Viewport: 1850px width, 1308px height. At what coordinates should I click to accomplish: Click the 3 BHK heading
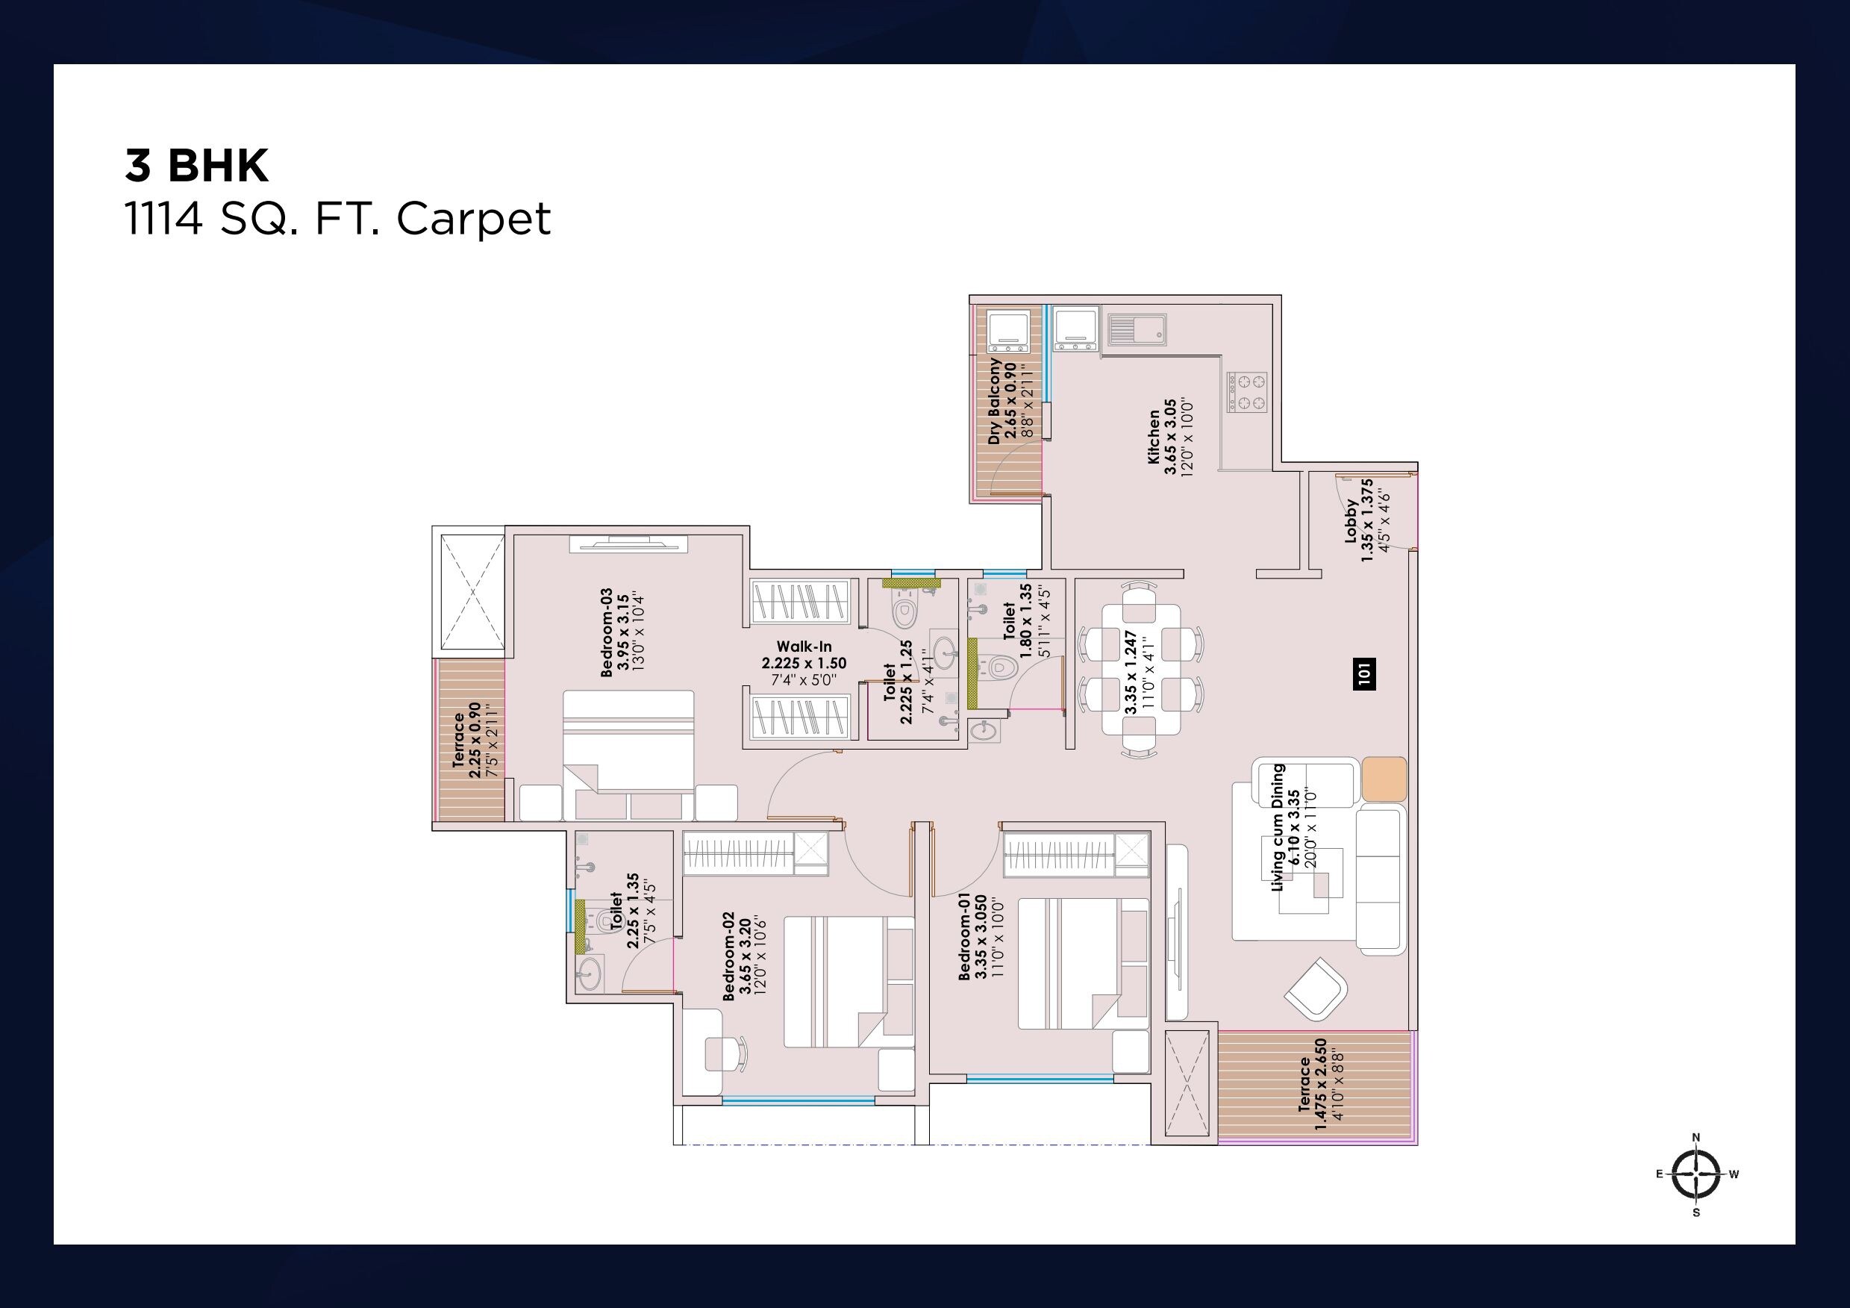196,165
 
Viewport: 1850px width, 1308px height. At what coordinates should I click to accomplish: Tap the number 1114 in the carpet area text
163,219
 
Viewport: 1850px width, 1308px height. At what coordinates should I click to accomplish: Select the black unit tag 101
1363,673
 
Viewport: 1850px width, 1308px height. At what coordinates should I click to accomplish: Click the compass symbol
1696,1174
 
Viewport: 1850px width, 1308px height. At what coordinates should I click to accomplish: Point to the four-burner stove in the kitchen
1246,392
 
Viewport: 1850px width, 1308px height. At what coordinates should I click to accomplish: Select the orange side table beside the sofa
1384,779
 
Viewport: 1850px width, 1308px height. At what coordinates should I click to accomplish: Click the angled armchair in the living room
1315,989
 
